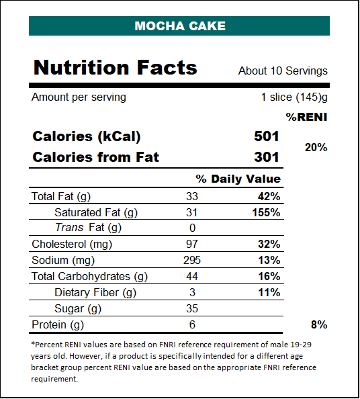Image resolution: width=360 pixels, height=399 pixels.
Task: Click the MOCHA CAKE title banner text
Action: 180,26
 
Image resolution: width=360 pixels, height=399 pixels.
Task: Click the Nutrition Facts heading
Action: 116,67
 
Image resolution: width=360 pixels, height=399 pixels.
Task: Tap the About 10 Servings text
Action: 283,71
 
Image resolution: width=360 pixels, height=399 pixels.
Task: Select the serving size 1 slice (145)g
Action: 294,97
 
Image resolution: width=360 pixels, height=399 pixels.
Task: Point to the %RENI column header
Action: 306,117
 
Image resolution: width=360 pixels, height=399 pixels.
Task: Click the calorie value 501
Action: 267,136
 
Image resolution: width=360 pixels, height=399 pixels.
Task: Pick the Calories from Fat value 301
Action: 267,157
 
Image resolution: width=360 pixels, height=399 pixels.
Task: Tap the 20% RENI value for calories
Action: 316,147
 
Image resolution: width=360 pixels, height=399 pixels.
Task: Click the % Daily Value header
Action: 238,179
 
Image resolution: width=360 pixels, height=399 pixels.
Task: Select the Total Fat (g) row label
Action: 61,197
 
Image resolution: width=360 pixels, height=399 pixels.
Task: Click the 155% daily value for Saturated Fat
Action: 266,213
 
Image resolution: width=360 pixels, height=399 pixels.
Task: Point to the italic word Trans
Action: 69,228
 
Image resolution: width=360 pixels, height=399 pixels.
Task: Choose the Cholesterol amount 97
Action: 192,244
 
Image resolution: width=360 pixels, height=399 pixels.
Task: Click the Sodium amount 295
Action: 192,261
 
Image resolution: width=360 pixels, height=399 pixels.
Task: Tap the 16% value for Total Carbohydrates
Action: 269,276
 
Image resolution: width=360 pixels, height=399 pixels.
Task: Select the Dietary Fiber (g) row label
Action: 95,293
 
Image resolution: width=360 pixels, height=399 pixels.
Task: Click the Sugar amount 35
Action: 192,309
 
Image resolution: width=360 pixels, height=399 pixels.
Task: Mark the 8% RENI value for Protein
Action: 319,325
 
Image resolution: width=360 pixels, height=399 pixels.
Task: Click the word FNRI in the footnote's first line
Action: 168,345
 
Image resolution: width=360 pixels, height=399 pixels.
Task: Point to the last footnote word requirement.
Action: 54,379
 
